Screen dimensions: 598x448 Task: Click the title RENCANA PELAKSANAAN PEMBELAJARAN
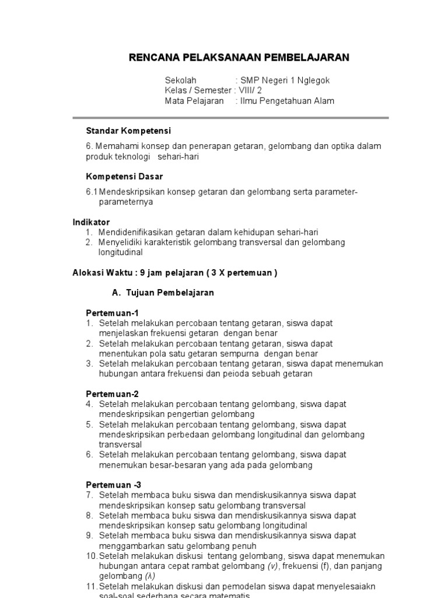pyautogui.click(x=239, y=57)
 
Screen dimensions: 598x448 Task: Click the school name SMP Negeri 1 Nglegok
pyautogui.click(x=285, y=80)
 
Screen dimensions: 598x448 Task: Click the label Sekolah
pyautogui.click(x=181, y=80)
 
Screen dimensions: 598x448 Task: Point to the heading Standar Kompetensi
pyautogui.click(x=128, y=131)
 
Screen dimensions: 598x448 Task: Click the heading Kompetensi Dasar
pyautogui.click(x=124, y=176)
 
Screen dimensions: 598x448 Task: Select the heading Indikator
pyautogui.click(x=91, y=222)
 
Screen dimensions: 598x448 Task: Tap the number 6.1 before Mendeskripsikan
pyautogui.click(x=92, y=192)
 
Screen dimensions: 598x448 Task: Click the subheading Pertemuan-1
pyautogui.click(x=113, y=313)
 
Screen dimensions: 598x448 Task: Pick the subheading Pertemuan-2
pyautogui.click(x=113, y=394)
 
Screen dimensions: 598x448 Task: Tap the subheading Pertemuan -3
pyautogui.click(x=114, y=485)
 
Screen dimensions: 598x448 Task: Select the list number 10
pyautogui.click(x=92, y=556)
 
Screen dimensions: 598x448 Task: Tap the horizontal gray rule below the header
pyautogui.click(x=237, y=117)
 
